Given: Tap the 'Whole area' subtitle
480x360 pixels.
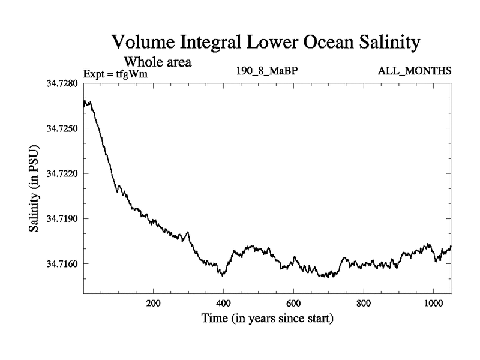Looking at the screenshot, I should click(x=158, y=61).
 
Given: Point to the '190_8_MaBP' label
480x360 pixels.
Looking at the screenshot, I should click(x=267, y=71).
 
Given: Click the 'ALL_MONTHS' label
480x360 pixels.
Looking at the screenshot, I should click(x=414, y=71).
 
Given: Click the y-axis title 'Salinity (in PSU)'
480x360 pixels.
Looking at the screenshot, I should click(x=35, y=188).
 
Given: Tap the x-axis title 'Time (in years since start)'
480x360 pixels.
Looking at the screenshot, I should click(x=266, y=318).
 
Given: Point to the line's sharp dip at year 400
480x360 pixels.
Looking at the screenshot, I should click(x=223, y=275).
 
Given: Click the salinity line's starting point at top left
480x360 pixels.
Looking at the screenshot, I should click(x=84, y=105).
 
